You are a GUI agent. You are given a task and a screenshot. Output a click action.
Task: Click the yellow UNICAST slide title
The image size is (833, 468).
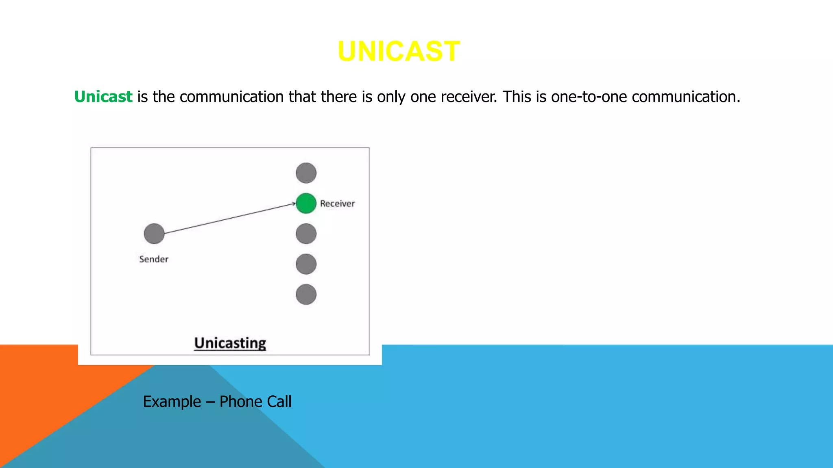point(399,52)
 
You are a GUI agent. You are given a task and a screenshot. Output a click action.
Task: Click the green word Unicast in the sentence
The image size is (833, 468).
point(103,97)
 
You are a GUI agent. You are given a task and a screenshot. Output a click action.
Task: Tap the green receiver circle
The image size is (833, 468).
point(306,203)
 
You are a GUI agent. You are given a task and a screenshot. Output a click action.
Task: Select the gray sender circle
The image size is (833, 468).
point(154,234)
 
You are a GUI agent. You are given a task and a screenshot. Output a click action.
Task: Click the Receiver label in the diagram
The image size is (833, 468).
point(337,204)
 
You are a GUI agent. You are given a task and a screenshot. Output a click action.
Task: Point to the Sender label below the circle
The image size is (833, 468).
point(153,259)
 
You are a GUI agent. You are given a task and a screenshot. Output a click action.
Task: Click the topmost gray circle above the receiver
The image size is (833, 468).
point(306,173)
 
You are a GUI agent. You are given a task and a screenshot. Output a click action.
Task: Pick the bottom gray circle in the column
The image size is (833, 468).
point(306,295)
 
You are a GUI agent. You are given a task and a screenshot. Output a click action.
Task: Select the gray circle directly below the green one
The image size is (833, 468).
point(306,234)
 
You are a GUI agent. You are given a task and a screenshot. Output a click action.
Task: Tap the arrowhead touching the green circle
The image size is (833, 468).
point(294,204)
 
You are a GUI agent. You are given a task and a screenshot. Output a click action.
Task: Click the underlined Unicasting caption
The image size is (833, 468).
point(230,343)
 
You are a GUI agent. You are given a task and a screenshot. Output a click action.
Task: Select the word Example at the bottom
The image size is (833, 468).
point(172,402)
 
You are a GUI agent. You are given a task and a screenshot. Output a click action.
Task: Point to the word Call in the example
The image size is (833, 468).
point(279,402)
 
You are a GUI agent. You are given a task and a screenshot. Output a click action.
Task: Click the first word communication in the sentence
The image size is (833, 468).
point(231,97)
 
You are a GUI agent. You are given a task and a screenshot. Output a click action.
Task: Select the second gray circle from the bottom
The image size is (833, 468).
point(306,264)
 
